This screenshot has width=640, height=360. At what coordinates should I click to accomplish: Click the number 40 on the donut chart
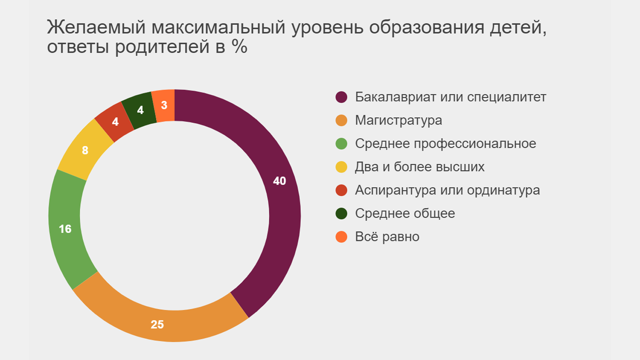[x=279, y=181]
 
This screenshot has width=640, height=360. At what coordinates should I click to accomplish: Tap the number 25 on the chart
[x=157, y=325]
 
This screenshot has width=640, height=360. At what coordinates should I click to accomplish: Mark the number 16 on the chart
[x=65, y=229]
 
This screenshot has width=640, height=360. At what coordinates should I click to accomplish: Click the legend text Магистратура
[x=398, y=120]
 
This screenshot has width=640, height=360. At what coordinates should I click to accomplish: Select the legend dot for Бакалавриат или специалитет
[x=341, y=97]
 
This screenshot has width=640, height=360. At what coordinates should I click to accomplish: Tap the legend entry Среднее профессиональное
[x=445, y=143]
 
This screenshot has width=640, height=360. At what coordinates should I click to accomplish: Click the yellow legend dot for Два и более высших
[x=341, y=167]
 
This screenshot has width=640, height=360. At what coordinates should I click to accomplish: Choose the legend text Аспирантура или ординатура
[x=447, y=190]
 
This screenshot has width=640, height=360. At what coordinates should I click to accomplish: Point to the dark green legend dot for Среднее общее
[x=341, y=214]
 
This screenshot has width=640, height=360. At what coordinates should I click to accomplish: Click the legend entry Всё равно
[x=387, y=237]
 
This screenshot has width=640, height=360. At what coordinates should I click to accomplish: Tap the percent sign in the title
[x=240, y=47]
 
